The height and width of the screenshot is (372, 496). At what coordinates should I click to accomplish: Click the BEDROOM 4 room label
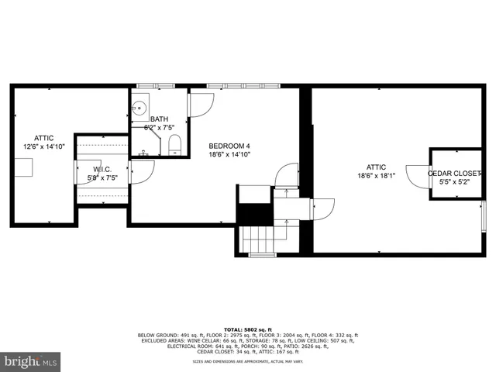229,146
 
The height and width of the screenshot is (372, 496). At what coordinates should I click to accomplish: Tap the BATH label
159,119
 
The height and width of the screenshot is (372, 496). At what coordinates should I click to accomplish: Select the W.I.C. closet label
103,169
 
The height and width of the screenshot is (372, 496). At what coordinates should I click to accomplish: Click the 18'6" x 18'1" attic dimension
377,176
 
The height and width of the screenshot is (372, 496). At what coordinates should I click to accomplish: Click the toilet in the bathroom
174,144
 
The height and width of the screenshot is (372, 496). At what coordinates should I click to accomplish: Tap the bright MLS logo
31,361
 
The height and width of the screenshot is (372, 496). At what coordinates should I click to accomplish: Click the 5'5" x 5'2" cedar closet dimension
455,182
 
